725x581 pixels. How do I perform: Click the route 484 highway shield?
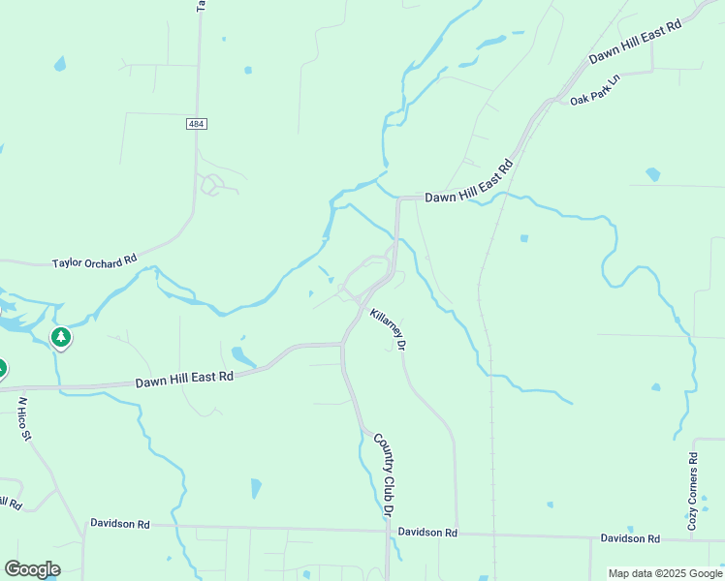coord(197,124)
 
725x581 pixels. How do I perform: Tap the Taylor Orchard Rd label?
coord(95,261)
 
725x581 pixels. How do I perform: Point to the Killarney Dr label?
coord(388,329)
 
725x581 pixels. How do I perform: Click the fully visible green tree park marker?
coord(61,338)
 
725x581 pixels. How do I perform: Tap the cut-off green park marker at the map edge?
coord(2,369)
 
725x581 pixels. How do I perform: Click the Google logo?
coord(32,569)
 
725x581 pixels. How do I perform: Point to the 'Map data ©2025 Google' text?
coord(664,573)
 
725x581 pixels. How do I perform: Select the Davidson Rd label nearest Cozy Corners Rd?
coord(630,537)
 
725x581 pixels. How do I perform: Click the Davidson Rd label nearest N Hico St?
coord(120,523)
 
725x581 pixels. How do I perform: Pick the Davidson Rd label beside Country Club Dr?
coord(427,533)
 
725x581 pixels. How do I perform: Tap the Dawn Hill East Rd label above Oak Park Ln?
coord(636,42)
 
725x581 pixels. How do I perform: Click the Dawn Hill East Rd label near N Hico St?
coord(184,378)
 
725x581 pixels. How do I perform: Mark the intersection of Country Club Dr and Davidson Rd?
coord(389,531)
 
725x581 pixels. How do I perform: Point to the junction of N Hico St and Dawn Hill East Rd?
coord(15,388)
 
